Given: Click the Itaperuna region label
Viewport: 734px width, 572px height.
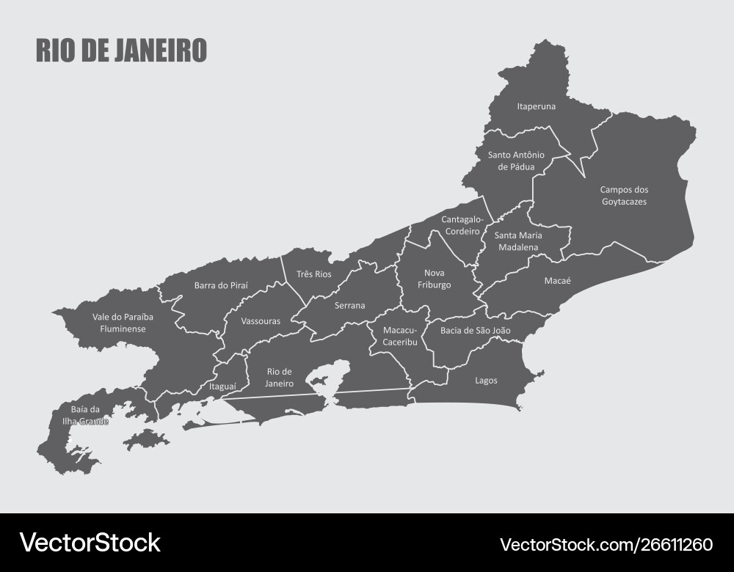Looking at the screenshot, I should click(x=536, y=106).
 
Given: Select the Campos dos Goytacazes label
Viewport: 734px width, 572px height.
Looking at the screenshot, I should click(x=624, y=195).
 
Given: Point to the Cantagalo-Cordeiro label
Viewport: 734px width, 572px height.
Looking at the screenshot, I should click(x=462, y=224).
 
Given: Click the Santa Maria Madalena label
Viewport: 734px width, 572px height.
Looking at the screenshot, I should click(x=518, y=241).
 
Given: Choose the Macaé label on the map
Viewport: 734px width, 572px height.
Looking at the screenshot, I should click(x=557, y=280).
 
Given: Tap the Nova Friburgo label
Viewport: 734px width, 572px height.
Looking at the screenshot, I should click(x=435, y=279).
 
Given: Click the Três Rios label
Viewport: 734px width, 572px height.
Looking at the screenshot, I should click(x=313, y=274).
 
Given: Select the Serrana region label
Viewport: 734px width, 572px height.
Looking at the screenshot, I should click(x=349, y=306).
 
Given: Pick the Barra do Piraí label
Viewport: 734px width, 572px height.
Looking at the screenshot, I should click(x=221, y=285).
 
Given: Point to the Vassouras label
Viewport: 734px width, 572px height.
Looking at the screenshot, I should click(x=261, y=321).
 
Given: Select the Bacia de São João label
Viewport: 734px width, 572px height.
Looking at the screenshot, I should click(x=475, y=331).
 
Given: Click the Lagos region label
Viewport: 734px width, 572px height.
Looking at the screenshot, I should click(x=486, y=381).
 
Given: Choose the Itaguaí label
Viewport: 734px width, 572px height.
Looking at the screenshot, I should click(x=222, y=386).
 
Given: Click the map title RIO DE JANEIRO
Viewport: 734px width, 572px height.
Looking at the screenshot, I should click(x=121, y=50).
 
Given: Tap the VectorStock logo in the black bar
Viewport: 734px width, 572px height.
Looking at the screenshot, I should click(x=90, y=543).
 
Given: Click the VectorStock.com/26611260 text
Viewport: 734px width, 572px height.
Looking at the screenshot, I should click(x=606, y=544).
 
